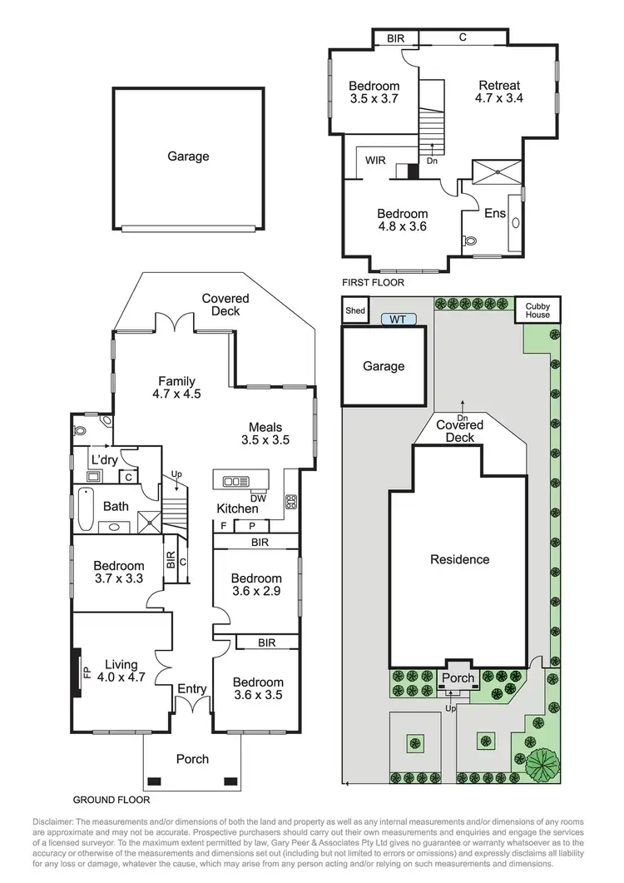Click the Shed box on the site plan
click(355, 310)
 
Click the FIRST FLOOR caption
click(374, 283)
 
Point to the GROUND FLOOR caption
click(111, 800)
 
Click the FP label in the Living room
click(85, 672)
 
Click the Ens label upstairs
click(495, 213)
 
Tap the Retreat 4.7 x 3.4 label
click(498, 92)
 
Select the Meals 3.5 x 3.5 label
click(265, 433)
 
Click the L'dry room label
click(105, 459)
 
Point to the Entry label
click(191, 689)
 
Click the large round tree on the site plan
click(542, 762)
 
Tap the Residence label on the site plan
click(459, 559)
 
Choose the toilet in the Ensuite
click(472, 240)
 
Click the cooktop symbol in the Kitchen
click(292, 502)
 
